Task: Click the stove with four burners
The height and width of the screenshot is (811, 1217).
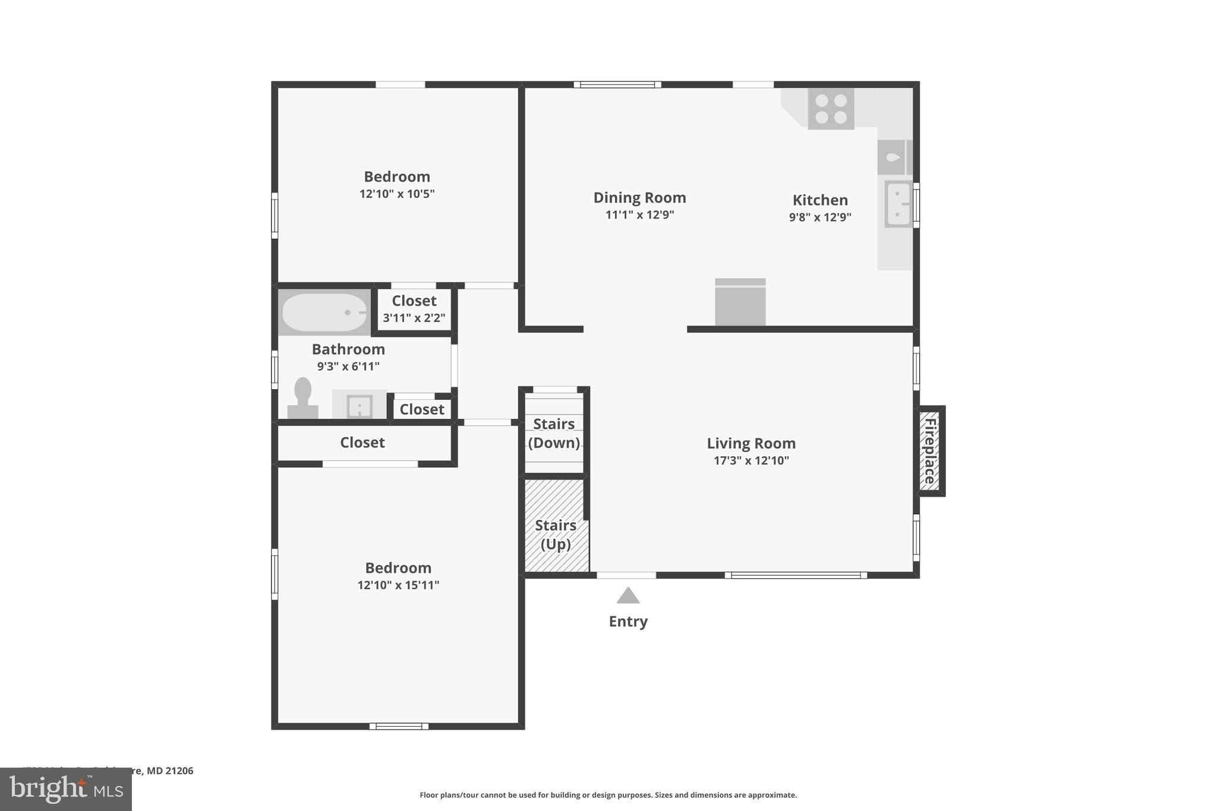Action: pos(831,109)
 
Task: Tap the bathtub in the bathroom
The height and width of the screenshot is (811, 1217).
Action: pos(324,313)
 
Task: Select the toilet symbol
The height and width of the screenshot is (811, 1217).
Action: pos(303,398)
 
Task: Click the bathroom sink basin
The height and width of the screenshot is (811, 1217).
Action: pos(360,406)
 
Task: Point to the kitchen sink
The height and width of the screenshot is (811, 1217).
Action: pos(897,204)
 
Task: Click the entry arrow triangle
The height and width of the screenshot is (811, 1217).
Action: pos(628,595)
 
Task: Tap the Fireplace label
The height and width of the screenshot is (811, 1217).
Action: pos(930,451)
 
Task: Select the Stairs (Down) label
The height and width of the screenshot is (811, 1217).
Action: pos(554,433)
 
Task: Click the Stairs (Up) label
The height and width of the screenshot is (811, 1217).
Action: pos(556,535)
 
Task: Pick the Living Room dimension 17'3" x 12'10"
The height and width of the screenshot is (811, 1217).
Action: pos(751,460)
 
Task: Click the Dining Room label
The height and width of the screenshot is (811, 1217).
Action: pos(639,197)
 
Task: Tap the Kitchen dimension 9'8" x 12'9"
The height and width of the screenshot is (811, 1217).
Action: pos(820,217)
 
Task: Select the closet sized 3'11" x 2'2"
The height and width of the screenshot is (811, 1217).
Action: pos(414,309)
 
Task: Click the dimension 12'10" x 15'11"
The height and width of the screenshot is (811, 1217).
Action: pos(398,585)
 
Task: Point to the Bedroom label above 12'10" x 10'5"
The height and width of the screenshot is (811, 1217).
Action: pos(397,176)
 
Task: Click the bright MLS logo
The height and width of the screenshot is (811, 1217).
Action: pos(66,789)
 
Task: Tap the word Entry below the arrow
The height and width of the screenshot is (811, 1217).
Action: pos(628,621)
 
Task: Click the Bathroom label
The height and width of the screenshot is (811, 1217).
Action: pos(348,349)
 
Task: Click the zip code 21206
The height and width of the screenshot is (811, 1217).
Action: pos(179,771)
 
